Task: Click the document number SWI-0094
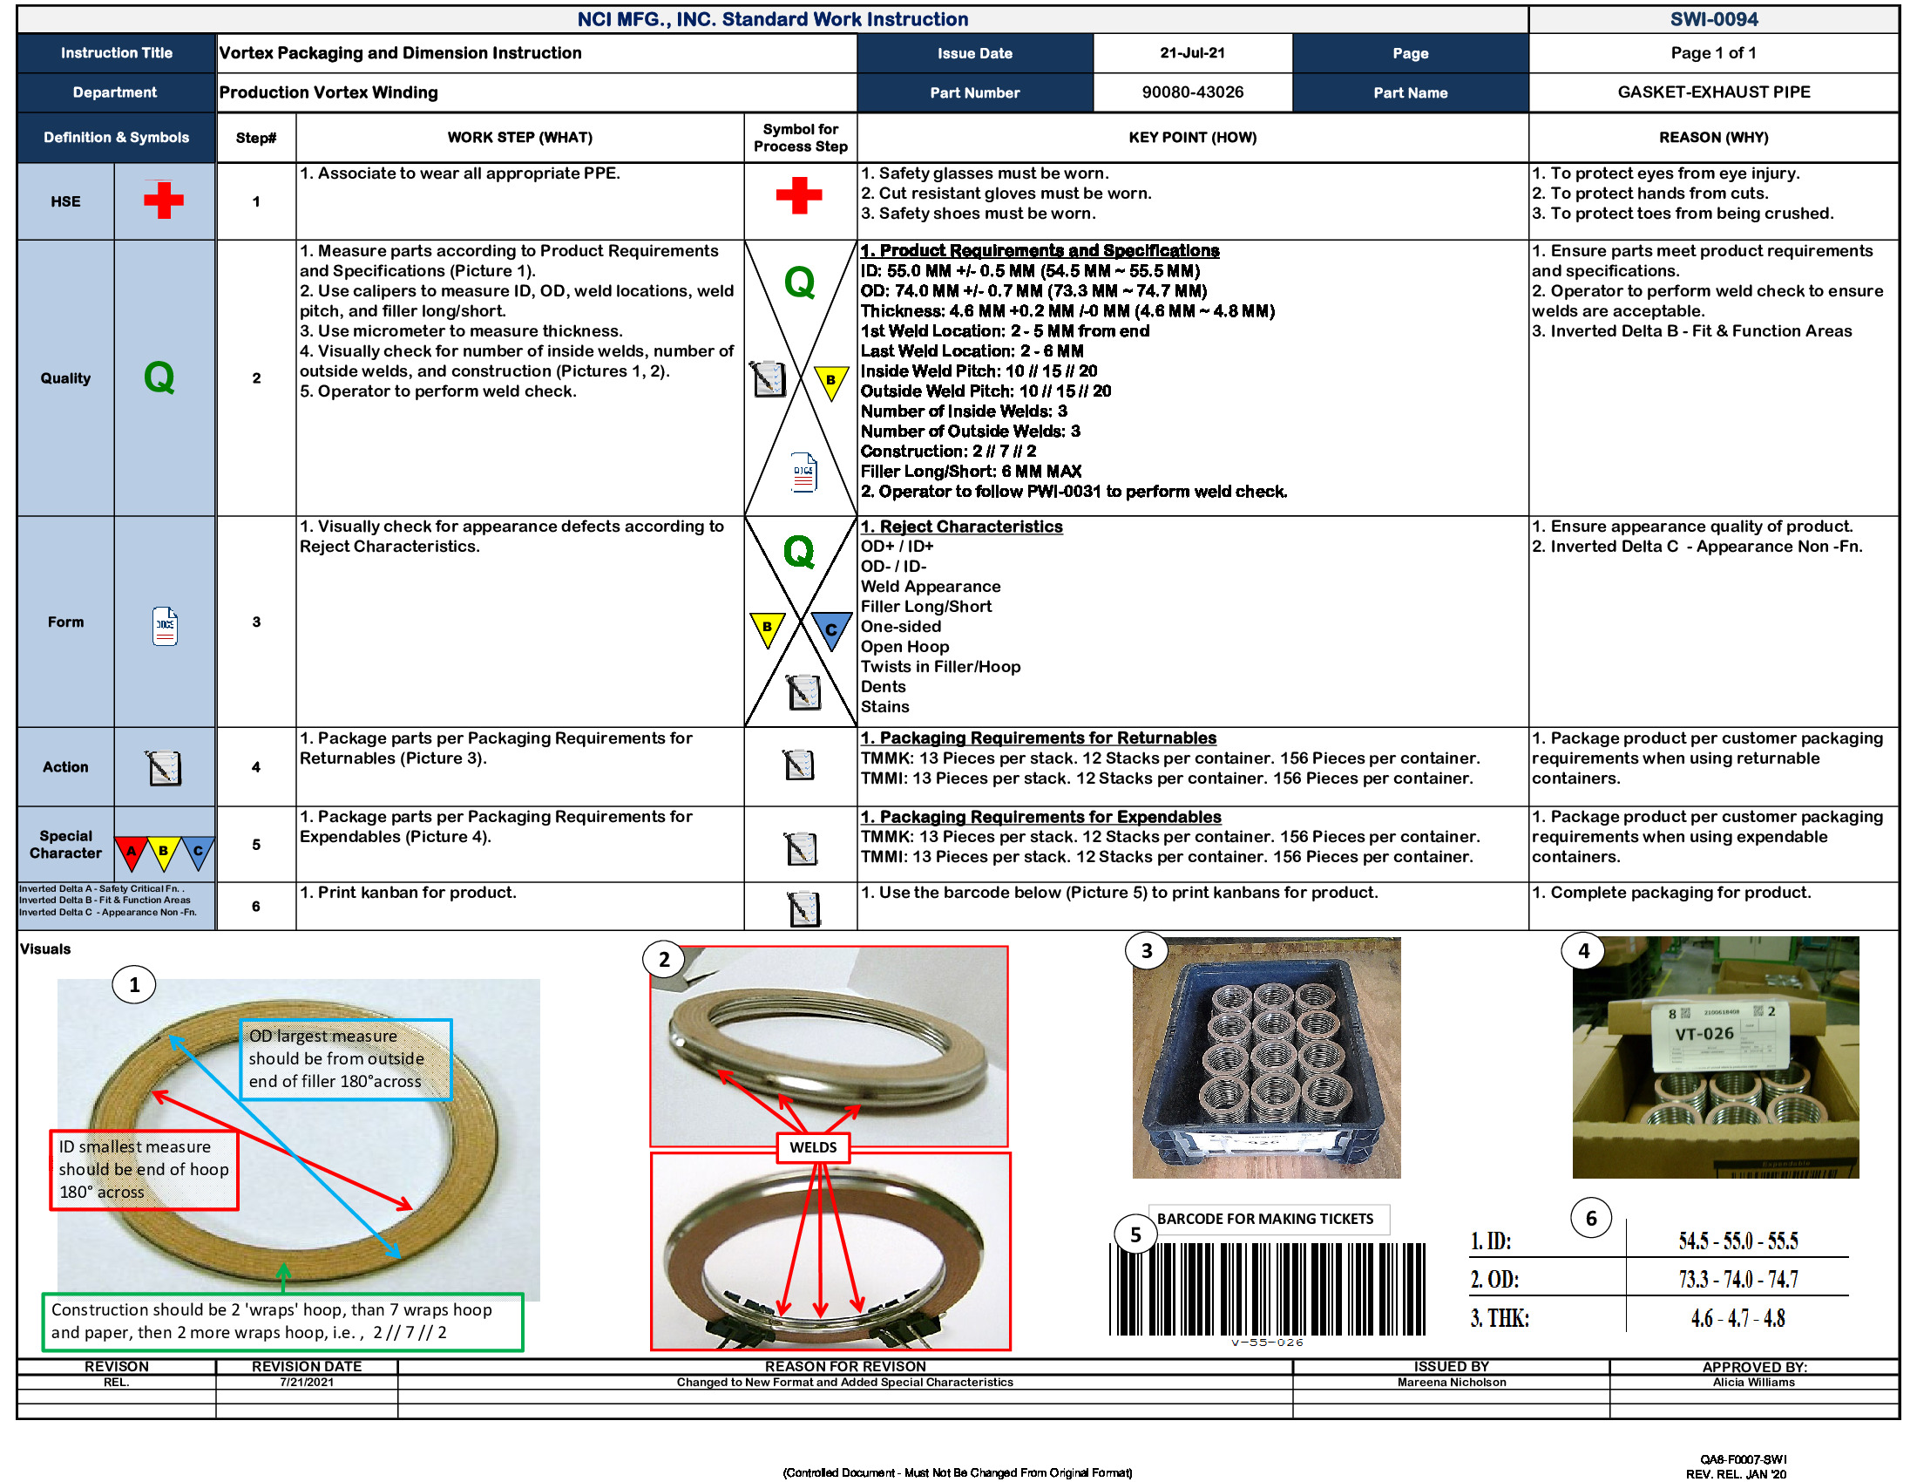tap(1712, 19)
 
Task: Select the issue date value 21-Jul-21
tap(1191, 52)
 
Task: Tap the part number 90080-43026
tap(1191, 92)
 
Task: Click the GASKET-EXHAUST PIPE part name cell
tap(1712, 92)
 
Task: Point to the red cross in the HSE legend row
tap(163, 201)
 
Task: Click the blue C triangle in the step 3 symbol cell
tap(830, 629)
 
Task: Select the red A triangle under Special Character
tap(132, 852)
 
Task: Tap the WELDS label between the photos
tap(812, 1147)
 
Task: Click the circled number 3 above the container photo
tap(1146, 951)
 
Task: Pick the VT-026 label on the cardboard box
tap(1703, 1033)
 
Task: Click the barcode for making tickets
tap(1266, 1288)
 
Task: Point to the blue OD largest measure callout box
tap(346, 1059)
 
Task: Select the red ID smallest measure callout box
tap(143, 1169)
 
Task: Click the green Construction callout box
tap(281, 1321)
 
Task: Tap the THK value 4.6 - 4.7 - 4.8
tap(1737, 1318)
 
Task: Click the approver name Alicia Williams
tap(1753, 1382)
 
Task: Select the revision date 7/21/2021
tap(307, 1382)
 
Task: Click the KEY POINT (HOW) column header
tap(1191, 138)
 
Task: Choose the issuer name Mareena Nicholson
tap(1451, 1382)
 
